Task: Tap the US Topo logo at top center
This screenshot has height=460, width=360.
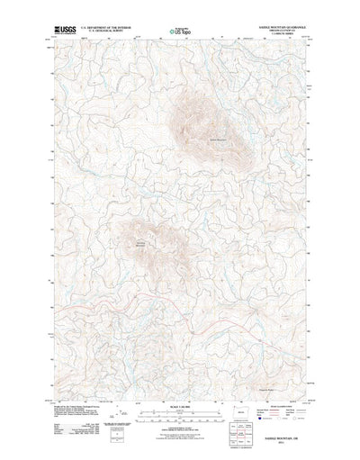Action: pyautogui.click(x=179, y=32)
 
